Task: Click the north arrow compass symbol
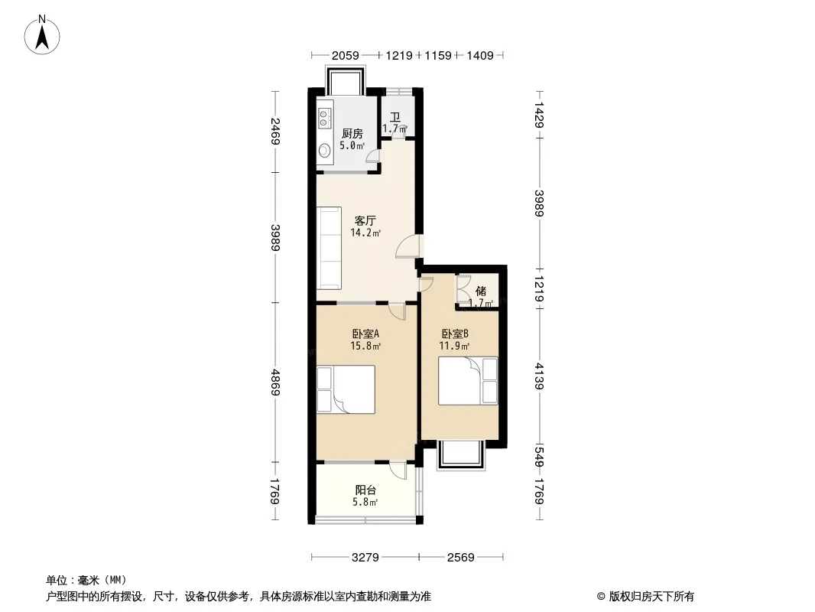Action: pos(42,35)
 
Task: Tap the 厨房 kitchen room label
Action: pos(352,134)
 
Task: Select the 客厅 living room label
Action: pos(365,221)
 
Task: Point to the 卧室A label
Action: pos(365,334)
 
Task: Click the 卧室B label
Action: pos(455,334)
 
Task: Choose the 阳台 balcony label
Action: pos(365,490)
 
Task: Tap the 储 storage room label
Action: pos(481,291)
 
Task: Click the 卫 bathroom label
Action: pos(395,118)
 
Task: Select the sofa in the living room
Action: pos(329,248)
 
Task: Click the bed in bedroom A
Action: pos(346,389)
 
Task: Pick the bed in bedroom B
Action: pos(468,381)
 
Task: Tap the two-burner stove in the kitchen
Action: pos(324,118)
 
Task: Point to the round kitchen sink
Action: pos(325,151)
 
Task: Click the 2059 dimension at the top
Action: pos(345,55)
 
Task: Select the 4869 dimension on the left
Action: pos(275,382)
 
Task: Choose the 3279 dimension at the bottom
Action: pos(365,558)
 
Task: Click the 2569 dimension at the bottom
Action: pos(460,558)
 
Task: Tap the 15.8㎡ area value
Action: pos(365,345)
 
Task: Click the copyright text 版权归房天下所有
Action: pos(651,597)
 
